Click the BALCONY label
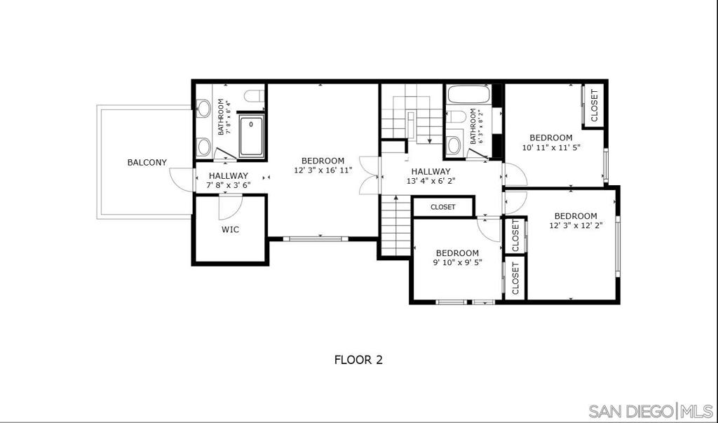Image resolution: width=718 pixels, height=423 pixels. point(147,163)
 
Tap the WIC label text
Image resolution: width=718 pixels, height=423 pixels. point(230,229)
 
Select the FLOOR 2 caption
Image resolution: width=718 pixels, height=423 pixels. point(358,360)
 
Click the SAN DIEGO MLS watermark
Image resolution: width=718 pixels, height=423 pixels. point(650,410)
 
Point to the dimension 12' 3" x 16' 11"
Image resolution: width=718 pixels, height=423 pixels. point(323,170)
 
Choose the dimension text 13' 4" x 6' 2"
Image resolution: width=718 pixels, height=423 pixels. point(431,182)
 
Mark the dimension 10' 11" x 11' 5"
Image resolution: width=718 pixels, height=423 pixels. point(551,148)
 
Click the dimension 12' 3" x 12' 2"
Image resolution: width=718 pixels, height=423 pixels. point(576,226)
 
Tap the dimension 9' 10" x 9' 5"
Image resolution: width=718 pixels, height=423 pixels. point(457,263)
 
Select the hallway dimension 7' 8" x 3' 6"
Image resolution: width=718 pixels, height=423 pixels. point(228,186)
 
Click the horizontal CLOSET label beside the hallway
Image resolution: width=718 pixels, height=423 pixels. point(442,207)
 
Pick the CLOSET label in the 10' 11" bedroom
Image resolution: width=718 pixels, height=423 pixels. point(594,105)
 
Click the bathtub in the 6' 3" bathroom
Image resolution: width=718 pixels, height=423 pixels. point(468,95)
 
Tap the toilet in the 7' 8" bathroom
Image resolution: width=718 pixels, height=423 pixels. point(253,96)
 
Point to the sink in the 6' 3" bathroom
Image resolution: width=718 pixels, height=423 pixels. point(454,145)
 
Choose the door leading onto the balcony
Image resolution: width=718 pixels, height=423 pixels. point(183,180)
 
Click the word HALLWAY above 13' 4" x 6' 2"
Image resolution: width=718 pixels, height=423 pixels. point(431,171)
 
